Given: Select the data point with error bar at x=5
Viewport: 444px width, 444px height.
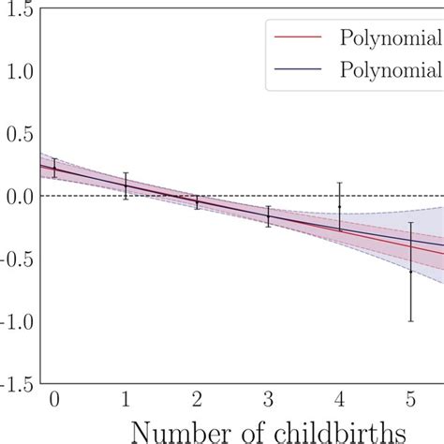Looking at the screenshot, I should click(410, 272).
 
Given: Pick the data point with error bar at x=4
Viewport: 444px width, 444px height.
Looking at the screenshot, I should click(339, 206).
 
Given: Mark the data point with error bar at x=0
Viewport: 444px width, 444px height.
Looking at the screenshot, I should click(54, 169).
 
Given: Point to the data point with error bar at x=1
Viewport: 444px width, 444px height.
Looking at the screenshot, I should click(126, 185).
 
